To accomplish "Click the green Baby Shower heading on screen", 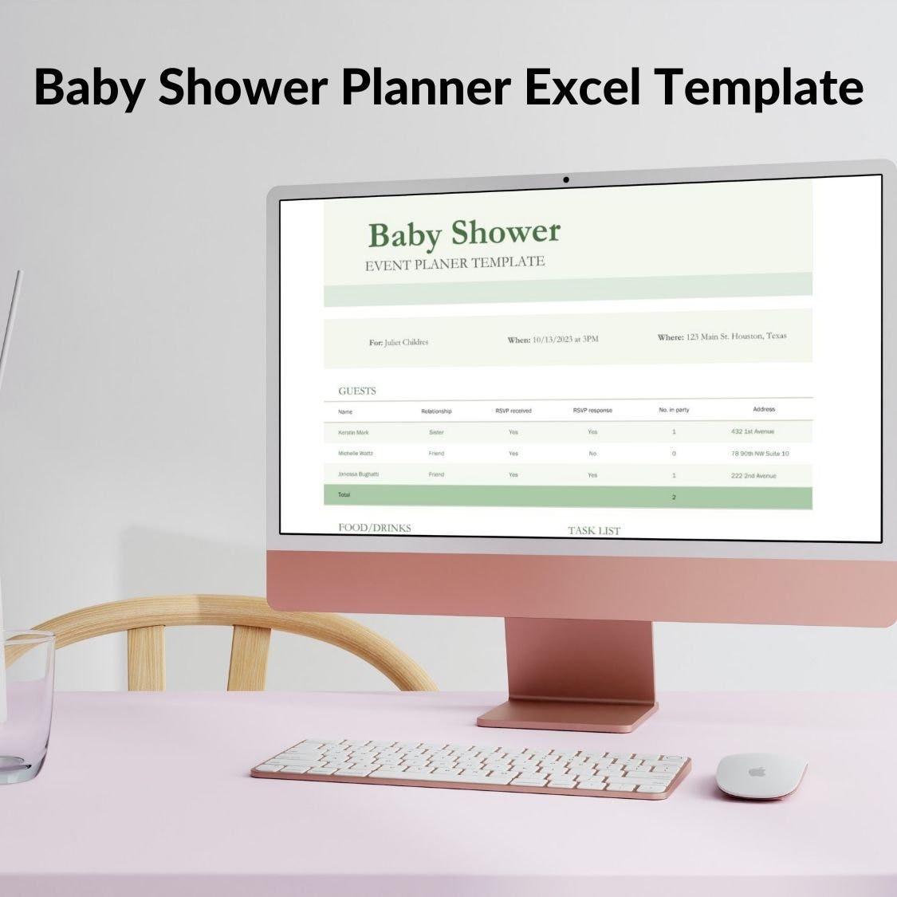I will click(x=464, y=234).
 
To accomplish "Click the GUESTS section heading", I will click(x=356, y=391).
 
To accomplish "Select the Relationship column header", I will click(x=436, y=411).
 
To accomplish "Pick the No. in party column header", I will click(x=674, y=410).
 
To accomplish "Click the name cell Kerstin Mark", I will click(x=353, y=432).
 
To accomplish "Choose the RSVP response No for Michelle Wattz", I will click(x=592, y=453).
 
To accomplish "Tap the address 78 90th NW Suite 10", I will click(x=760, y=454).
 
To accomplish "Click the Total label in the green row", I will click(x=344, y=495).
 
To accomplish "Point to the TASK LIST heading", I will click(x=594, y=530).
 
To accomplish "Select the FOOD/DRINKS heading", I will click(x=375, y=528).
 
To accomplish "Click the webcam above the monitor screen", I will click(x=566, y=180).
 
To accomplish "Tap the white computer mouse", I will click(x=760, y=775).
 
